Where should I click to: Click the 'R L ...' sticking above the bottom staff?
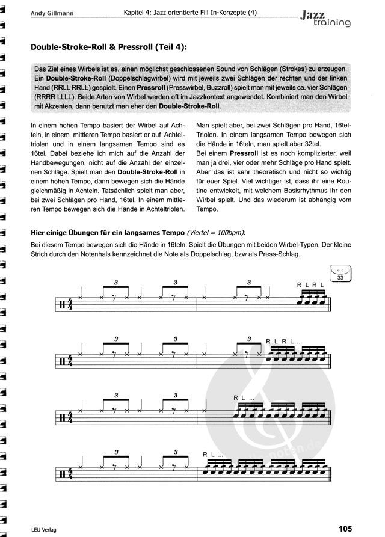click(213, 455)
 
